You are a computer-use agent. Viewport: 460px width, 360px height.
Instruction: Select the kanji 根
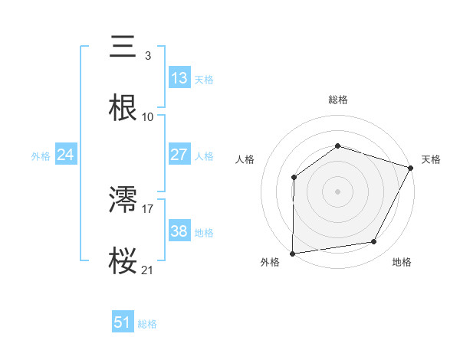(123, 108)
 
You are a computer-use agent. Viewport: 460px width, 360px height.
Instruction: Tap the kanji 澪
(123, 200)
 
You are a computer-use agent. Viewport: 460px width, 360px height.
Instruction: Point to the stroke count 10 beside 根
(148, 117)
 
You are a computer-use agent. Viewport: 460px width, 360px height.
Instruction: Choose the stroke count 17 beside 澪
(148, 208)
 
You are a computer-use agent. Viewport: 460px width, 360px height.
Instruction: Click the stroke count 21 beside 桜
(148, 270)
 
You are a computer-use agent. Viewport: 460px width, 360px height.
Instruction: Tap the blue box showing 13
(179, 78)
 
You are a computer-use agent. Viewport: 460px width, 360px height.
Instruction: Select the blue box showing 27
(179, 155)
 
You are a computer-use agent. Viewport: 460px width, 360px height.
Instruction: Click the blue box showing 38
(179, 231)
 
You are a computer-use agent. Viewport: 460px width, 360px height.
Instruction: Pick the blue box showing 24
(66, 155)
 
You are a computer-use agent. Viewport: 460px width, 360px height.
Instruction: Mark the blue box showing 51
(123, 322)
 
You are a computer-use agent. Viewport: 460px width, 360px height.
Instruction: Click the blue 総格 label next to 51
(147, 324)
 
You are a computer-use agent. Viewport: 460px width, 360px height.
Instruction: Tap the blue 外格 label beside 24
(41, 156)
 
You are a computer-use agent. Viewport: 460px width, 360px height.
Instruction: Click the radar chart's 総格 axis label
(338, 100)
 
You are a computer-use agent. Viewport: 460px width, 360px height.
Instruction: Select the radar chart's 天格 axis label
(431, 159)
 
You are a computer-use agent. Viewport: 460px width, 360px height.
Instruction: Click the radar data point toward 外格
(293, 253)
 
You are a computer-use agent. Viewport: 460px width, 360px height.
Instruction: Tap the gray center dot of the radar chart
(338, 191)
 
